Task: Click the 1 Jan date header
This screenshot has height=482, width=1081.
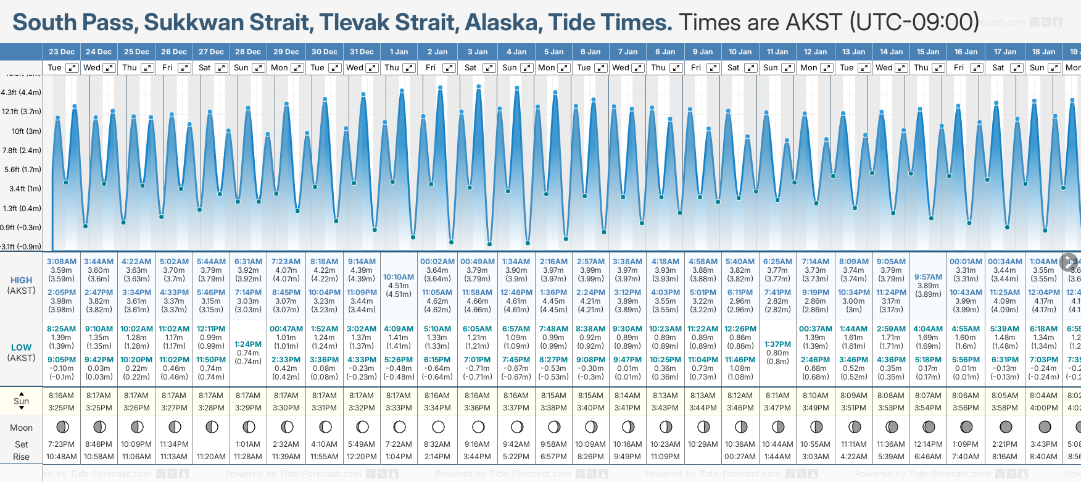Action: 399,52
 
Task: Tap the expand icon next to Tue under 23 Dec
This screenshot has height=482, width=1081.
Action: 72,68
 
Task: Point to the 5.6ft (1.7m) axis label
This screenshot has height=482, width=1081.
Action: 22,169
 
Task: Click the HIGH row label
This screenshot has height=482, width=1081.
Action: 21,280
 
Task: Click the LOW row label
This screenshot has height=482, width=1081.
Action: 21,347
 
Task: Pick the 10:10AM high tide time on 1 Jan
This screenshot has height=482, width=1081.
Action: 399,277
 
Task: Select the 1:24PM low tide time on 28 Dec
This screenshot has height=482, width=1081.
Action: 248,344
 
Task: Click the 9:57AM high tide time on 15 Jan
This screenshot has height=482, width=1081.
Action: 928,277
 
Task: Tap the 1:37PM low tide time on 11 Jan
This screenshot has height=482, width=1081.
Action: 777,344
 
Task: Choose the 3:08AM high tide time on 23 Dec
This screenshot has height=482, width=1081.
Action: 62,262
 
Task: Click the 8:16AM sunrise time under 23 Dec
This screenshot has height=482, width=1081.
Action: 61,396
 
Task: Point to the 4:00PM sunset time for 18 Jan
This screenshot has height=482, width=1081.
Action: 1043,408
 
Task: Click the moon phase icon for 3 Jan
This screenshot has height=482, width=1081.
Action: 478,426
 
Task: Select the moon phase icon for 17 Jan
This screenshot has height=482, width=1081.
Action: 1006,426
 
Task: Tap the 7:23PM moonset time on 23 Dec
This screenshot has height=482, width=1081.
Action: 61,444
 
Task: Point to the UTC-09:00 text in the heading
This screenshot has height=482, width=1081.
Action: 914,22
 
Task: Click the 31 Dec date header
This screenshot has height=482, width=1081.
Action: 362,52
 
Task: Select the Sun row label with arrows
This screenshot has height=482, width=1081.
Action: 21,401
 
